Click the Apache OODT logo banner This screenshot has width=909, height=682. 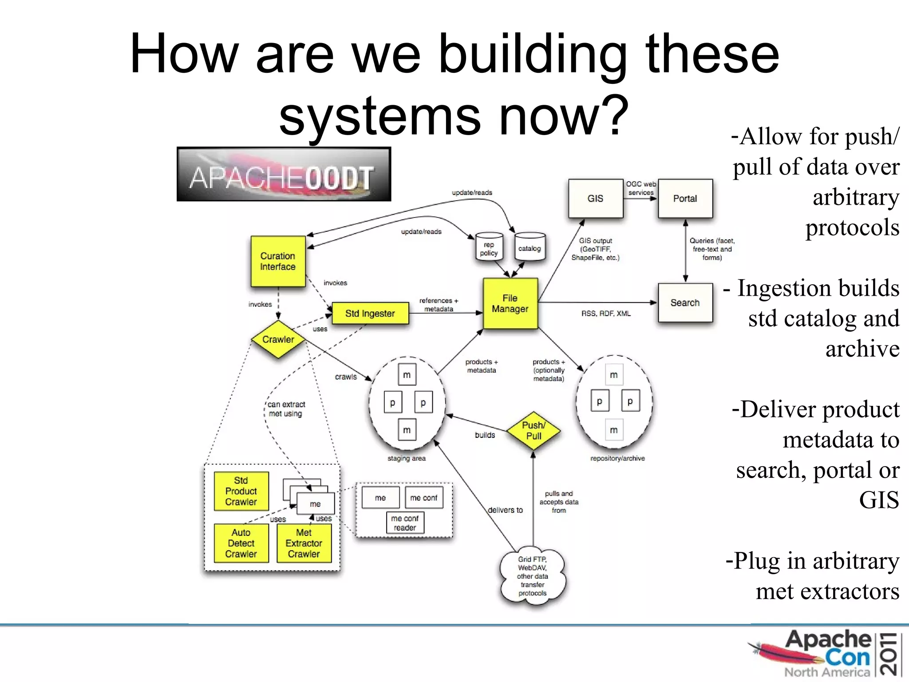(284, 174)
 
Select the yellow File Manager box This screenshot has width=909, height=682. (510, 304)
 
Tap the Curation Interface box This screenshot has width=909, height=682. (278, 262)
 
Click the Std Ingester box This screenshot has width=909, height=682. (370, 313)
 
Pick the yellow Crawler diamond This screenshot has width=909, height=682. (278, 339)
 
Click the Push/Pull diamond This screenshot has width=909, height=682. (534, 430)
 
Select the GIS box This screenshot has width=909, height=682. (596, 198)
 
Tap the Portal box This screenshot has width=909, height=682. (685, 198)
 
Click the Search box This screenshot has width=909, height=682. (685, 303)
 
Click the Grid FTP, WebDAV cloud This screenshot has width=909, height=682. (533, 576)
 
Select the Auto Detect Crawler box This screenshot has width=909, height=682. (241, 543)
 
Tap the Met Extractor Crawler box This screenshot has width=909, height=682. (304, 543)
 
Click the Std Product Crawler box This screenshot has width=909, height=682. (241, 491)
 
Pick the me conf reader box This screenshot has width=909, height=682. (405, 523)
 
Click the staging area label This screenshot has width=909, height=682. (406, 458)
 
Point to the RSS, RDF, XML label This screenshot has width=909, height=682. (606, 313)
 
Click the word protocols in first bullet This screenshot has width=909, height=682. (852, 228)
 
